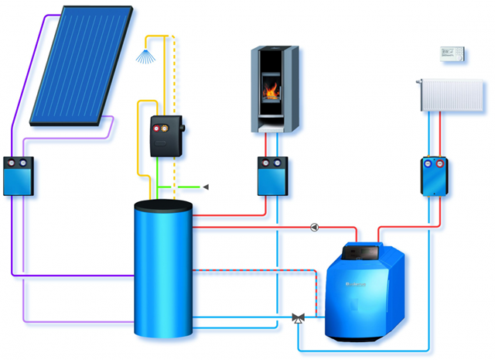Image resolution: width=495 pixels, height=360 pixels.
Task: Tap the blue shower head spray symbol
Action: click(x=145, y=55)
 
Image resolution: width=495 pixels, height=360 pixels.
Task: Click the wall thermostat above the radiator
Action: click(x=451, y=52)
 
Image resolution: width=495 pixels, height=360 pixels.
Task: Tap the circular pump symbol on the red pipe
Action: click(x=314, y=228)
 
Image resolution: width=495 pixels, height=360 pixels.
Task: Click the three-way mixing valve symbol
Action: click(x=298, y=317)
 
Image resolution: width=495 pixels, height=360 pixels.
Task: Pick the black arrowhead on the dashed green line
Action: click(x=206, y=187)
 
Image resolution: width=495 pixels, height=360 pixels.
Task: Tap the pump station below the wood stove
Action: click(x=272, y=176)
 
